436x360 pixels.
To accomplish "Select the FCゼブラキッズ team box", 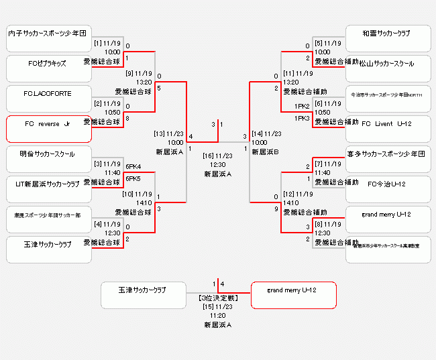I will (x=49, y=68).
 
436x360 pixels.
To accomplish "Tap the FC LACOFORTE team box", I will (x=49, y=99).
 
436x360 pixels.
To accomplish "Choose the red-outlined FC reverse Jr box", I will (x=49, y=129).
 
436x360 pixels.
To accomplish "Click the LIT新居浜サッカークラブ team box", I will (x=49, y=189).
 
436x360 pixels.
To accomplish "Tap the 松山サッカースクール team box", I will (x=387, y=68).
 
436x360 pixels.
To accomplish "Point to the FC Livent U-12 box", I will (x=387, y=129).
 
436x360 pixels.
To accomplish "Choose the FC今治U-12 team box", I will (x=387, y=189).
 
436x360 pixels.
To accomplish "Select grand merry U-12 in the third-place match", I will (x=293, y=296).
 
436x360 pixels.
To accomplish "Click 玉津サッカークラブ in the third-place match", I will (x=143, y=296).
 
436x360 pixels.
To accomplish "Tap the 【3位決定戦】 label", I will (x=217, y=297).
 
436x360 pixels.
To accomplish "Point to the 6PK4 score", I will (x=133, y=167).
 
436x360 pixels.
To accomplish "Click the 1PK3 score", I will (x=301, y=119).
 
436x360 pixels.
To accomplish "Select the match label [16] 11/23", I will (x=217, y=156).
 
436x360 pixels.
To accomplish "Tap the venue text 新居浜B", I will (x=265, y=152).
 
